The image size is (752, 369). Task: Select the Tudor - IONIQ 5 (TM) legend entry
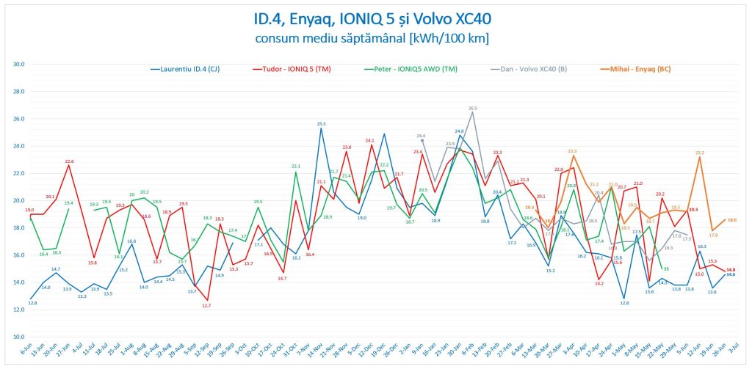[x=297, y=69]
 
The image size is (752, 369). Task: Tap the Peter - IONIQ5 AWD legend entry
[x=412, y=69]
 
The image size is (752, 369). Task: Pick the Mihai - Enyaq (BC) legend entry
[x=636, y=69]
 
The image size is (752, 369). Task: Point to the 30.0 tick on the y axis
[x=20, y=64]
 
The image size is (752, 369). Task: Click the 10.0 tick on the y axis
[x=20, y=337]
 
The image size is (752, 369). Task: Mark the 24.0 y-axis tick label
[x=20, y=146]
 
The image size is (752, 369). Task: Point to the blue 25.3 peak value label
[x=321, y=123]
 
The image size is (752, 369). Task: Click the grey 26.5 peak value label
[x=473, y=108]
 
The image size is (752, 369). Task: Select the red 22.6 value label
[x=69, y=161]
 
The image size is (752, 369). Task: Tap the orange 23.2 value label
[x=700, y=153]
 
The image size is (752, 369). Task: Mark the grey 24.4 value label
[x=422, y=136]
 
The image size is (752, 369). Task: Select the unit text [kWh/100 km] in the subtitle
[x=441, y=37]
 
